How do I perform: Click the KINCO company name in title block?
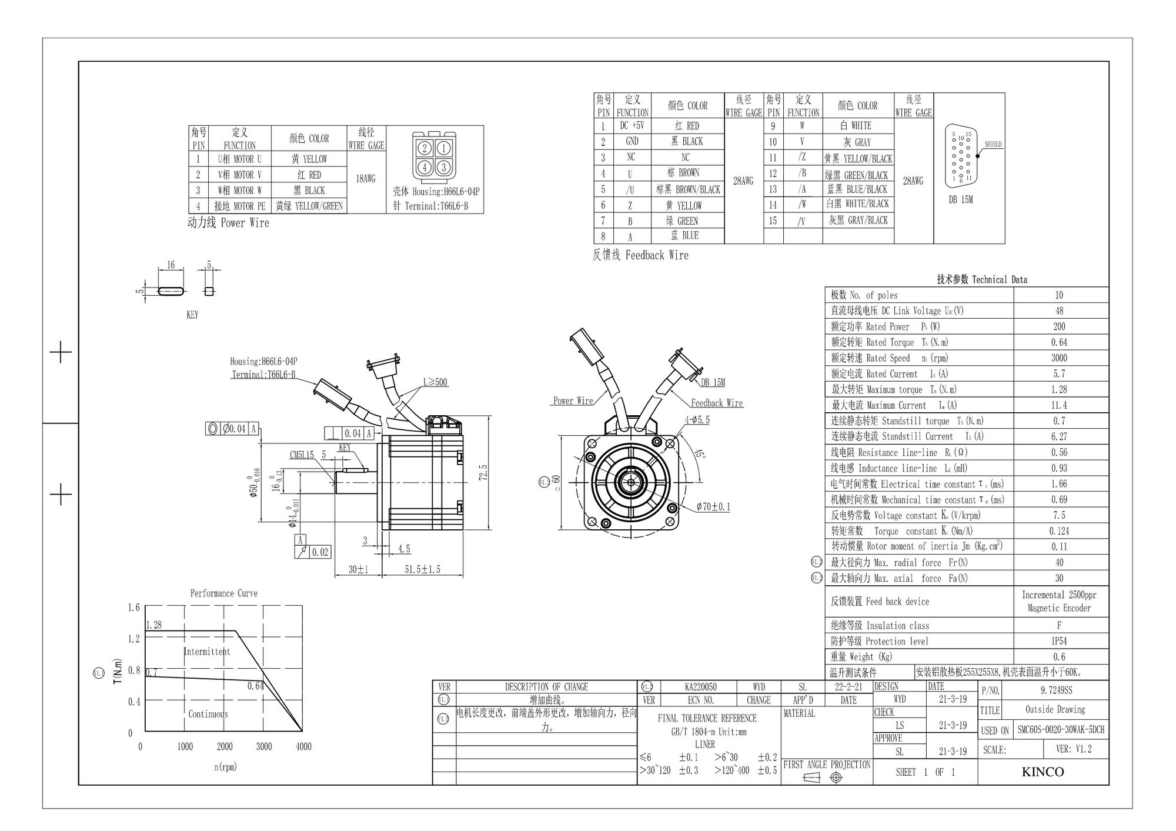(x=1043, y=772)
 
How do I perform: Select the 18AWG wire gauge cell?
(x=366, y=179)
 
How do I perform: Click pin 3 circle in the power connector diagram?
(x=444, y=167)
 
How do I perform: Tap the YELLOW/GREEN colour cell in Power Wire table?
(x=309, y=206)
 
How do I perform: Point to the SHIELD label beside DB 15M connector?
(x=993, y=144)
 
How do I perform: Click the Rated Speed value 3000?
(x=1059, y=358)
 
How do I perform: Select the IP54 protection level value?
(x=1059, y=641)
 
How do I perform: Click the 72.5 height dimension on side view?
(x=483, y=473)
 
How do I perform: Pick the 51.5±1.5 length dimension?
(x=422, y=569)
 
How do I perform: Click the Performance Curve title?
(x=223, y=593)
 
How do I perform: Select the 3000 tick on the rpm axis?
(x=264, y=747)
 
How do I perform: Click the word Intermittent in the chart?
(x=206, y=652)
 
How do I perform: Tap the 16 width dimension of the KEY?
(x=171, y=265)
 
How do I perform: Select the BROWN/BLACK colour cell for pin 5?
(x=688, y=189)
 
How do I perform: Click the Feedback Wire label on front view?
(x=716, y=403)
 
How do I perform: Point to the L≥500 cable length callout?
(x=435, y=382)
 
